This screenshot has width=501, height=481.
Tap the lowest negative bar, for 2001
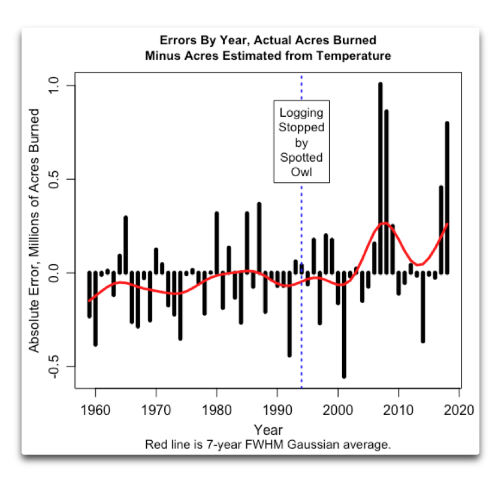coord(344,326)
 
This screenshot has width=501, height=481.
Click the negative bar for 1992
coord(289,314)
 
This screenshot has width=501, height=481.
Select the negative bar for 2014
coord(422,308)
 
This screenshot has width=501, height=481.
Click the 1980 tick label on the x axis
coord(216,410)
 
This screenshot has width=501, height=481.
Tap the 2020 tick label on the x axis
coord(460,410)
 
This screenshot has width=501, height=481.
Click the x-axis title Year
coord(268,429)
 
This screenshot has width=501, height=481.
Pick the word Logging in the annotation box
coord(301,113)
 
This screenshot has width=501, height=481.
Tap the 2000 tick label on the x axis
coord(338,410)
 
